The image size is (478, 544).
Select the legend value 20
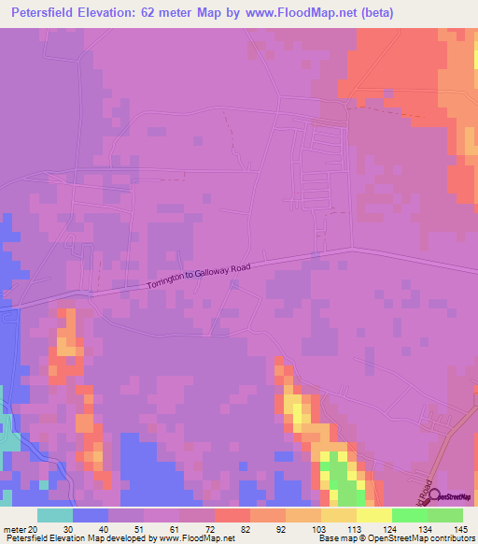(x=35, y=528)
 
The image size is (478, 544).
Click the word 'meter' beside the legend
(x=14, y=528)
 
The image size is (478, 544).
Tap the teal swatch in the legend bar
(x=55, y=515)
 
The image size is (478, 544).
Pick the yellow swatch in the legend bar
(x=374, y=515)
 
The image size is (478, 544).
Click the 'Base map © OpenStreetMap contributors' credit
(x=396, y=538)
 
